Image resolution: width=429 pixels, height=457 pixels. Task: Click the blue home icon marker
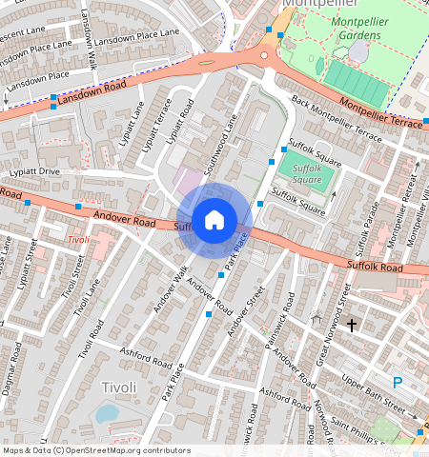click(214, 221)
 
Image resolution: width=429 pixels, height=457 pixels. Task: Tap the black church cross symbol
click(351, 326)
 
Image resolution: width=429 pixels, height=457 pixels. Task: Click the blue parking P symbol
click(398, 383)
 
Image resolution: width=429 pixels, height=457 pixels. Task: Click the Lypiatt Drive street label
click(34, 172)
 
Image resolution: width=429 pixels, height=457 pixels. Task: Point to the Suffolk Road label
click(377, 267)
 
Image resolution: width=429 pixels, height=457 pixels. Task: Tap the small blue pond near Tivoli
click(107, 413)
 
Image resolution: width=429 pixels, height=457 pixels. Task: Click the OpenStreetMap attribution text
click(95, 450)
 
